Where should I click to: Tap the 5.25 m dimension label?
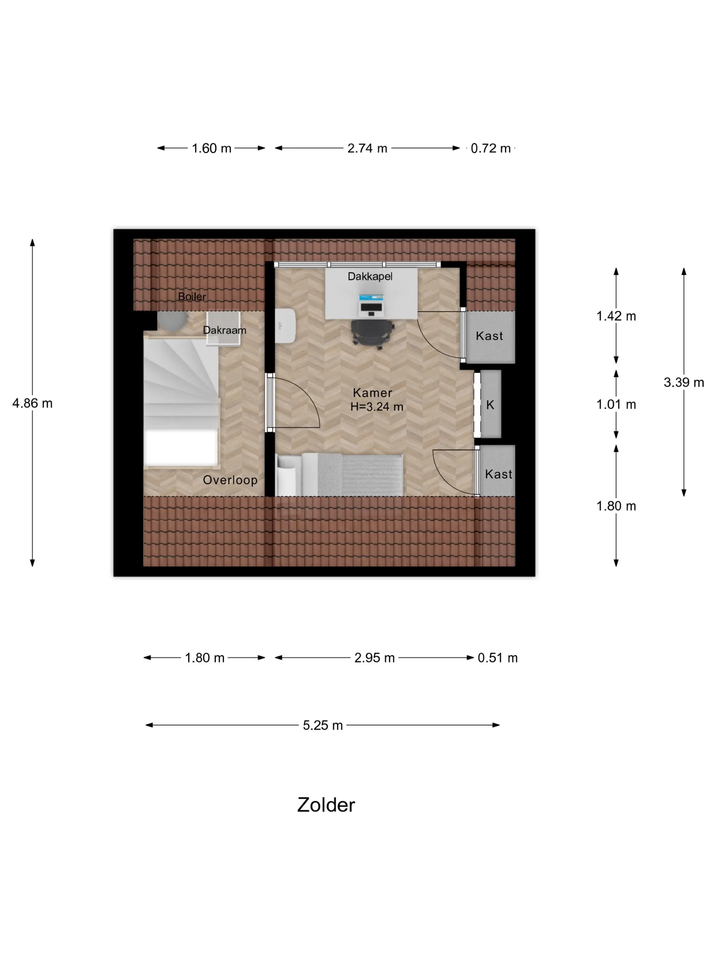(323, 725)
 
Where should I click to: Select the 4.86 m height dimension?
(32, 403)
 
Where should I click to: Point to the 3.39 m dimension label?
(684, 382)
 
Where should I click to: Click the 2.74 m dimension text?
(367, 148)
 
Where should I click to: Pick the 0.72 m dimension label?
(490, 148)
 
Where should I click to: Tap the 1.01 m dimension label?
(616, 405)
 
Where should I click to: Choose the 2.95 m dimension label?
(375, 658)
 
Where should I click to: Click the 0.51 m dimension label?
(497, 658)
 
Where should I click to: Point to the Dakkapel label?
(370, 276)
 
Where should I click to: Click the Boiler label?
(192, 297)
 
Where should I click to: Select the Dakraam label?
(224, 330)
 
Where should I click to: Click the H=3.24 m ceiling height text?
(377, 407)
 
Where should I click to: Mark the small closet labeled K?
(490, 404)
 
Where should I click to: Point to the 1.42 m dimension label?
(616, 316)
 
